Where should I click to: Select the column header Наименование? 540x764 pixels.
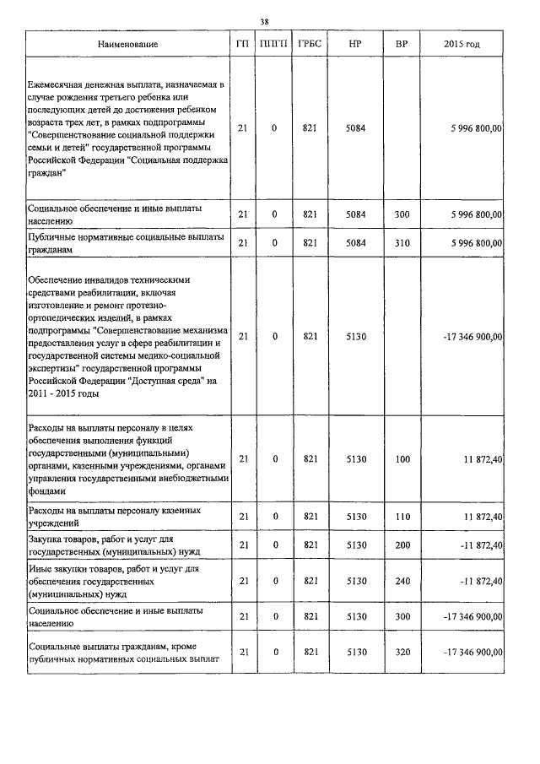pyautogui.click(x=127, y=43)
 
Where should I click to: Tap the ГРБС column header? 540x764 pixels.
pyautogui.click(x=309, y=43)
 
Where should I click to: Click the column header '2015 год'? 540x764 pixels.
pyautogui.click(x=462, y=43)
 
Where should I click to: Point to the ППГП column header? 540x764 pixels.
pyautogui.click(x=274, y=43)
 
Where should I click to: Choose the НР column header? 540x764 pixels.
pyautogui.click(x=355, y=43)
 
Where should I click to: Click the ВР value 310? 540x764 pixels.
pyautogui.click(x=402, y=243)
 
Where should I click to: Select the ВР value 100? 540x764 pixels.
pyautogui.click(x=402, y=458)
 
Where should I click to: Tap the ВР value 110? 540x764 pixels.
pyautogui.click(x=402, y=516)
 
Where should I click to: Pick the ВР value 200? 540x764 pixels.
pyautogui.click(x=402, y=545)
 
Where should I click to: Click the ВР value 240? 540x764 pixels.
pyautogui.click(x=402, y=581)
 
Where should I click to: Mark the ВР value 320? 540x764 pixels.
pyautogui.click(x=402, y=652)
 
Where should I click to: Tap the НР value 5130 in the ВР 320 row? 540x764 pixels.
pyautogui.click(x=355, y=652)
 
